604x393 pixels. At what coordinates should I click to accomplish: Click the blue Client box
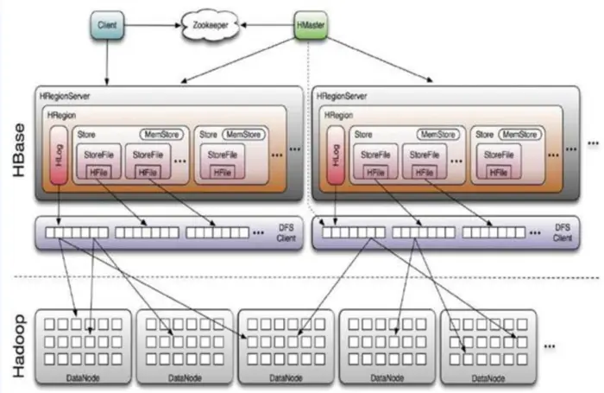(x=107, y=25)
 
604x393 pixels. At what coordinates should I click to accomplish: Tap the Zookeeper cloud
(x=211, y=25)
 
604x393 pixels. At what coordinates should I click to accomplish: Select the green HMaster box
(x=311, y=25)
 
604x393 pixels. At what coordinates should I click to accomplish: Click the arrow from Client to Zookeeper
(x=153, y=25)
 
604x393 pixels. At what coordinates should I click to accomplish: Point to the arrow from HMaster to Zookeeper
(x=267, y=25)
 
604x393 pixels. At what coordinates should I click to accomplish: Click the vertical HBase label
(x=18, y=150)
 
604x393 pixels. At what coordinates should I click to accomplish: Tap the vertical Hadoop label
(x=18, y=346)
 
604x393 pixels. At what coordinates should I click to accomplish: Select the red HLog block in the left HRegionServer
(x=59, y=155)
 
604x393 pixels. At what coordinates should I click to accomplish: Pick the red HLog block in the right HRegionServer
(x=336, y=155)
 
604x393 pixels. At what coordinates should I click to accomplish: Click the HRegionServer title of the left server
(x=65, y=96)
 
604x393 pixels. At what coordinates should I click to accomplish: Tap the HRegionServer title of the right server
(x=342, y=96)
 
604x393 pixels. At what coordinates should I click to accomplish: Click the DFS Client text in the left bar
(x=286, y=233)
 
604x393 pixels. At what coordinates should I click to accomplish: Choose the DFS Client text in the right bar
(x=563, y=233)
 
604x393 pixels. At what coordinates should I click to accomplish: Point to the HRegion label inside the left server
(x=61, y=116)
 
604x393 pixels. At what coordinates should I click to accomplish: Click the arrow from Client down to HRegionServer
(x=107, y=62)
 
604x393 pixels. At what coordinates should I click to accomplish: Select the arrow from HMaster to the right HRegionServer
(x=381, y=60)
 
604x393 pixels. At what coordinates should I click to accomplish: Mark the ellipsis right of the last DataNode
(x=550, y=346)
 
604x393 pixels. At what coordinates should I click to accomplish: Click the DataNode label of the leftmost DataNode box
(x=83, y=378)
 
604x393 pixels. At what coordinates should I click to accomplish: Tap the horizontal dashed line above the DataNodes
(x=306, y=277)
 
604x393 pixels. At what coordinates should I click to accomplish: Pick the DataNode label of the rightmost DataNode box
(x=488, y=378)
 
